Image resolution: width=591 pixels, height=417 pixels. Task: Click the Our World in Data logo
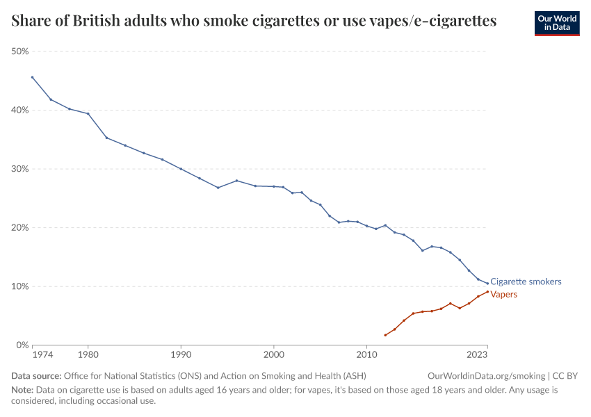pos(556,23)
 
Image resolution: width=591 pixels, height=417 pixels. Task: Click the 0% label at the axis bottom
pos(23,345)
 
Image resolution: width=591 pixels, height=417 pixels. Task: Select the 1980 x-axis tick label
pos(88,355)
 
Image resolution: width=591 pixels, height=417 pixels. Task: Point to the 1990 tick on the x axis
pos(181,355)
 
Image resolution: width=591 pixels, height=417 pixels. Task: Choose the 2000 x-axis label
pos(274,355)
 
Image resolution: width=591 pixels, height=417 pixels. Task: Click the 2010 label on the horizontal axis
pos(366,355)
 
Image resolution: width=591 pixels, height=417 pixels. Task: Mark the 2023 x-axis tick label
pos(477,355)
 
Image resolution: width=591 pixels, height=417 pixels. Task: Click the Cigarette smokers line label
pos(526,282)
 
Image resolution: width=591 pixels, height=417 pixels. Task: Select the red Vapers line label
pos(504,295)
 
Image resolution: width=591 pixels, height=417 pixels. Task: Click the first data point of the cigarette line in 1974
pos(32,77)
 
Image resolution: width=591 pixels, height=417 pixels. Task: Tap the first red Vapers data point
pos(385,335)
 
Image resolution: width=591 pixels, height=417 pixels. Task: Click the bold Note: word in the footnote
pos(22,390)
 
